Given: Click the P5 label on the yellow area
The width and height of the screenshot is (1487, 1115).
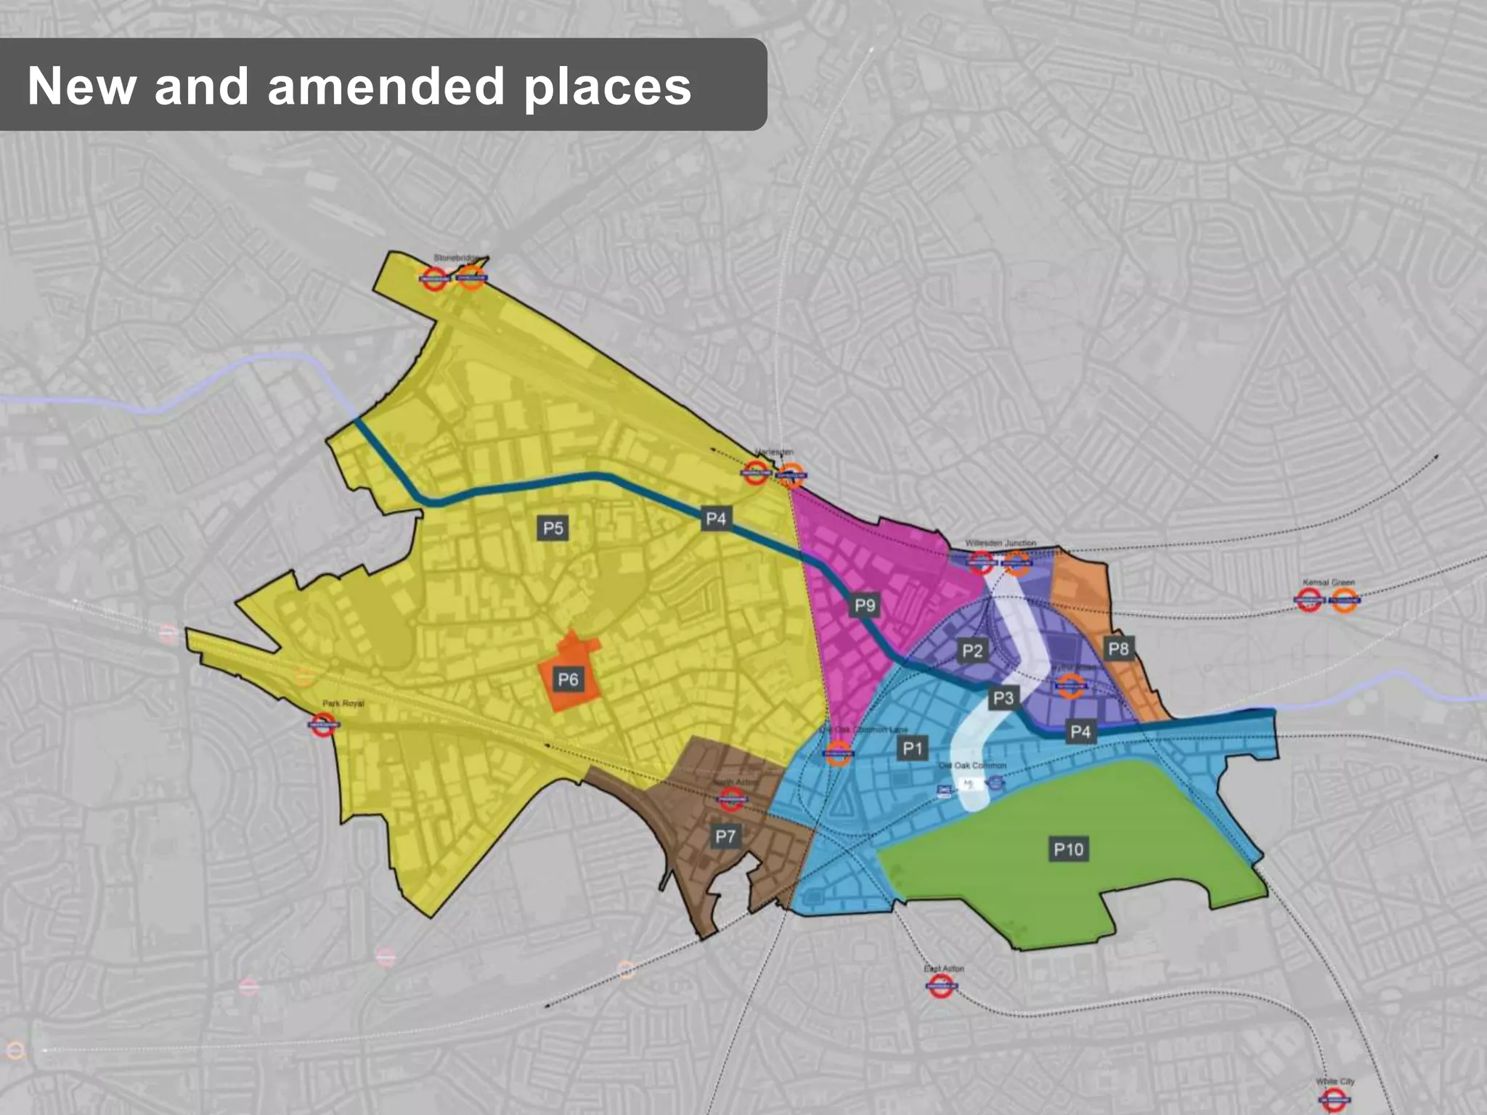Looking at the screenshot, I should [x=553, y=528].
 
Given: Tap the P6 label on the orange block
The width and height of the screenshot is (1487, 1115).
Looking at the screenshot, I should [x=568, y=679].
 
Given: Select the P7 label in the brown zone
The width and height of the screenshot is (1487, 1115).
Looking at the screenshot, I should [x=725, y=836].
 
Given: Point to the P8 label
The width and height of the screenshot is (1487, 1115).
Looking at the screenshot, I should [x=1118, y=648].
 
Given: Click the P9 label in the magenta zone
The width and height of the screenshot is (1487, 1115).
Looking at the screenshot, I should [x=865, y=605].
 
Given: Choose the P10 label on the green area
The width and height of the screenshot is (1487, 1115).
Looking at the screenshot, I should [x=1068, y=849].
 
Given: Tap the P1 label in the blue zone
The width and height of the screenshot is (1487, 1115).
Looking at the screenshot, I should [x=913, y=748].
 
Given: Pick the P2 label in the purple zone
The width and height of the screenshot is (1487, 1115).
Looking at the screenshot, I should [x=972, y=650].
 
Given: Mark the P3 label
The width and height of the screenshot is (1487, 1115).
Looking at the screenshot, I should [x=1003, y=698].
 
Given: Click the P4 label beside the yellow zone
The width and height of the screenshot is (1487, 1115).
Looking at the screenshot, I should [x=716, y=518].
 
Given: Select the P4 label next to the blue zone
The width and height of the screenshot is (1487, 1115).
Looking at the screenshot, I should [x=1080, y=732].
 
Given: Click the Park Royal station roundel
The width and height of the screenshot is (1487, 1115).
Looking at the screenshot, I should [x=323, y=724].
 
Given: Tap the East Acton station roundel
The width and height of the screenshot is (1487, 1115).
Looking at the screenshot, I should [x=941, y=986].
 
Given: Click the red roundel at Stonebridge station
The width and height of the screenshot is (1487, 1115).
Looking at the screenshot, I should [x=434, y=278].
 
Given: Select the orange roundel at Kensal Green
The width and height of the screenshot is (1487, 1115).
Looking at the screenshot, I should [x=1344, y=600].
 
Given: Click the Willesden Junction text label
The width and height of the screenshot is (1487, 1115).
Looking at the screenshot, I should [x=1001, y=543].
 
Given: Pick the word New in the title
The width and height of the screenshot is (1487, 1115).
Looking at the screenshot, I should [x=81, y=86].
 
